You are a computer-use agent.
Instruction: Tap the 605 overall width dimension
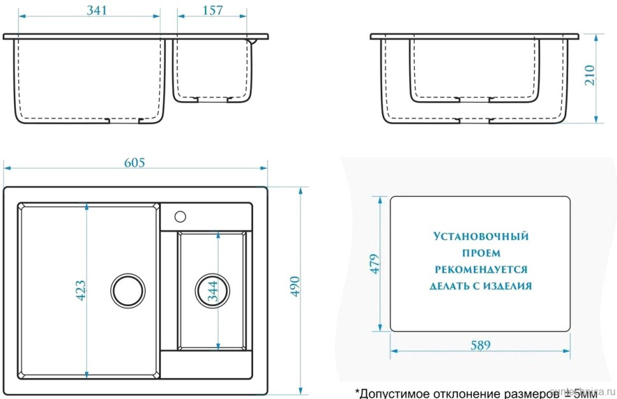coord(134,162)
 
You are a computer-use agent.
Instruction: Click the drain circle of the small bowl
coord(209,291)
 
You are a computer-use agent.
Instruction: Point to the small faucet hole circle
coord(180,214)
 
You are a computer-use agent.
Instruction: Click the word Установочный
coord(480,237)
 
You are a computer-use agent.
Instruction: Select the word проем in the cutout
coord(480,253)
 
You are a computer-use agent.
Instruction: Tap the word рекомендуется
coord(480,270)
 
